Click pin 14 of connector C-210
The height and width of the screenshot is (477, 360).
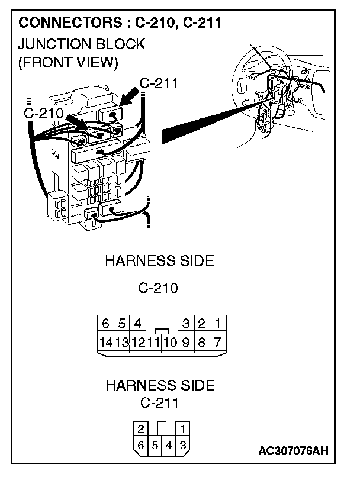click(x=105, y=342)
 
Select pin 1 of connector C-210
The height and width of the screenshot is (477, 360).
click(x=217, y=324)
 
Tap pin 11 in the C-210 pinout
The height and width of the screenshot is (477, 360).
click(x=153, y=342)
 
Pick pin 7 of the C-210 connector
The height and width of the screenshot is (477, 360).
click(x=217, y=342)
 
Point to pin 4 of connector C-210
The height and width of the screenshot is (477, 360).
click(x=137, y=324)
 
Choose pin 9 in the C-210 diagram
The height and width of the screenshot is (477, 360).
click(x=185, y=342)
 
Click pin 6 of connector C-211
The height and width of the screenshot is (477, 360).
click(x=140, y=445)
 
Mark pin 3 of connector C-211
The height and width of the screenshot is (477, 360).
click(x=184, y=445)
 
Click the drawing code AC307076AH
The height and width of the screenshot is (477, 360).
click(x=293, y=452)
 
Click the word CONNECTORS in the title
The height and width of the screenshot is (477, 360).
click(x=63, y=24)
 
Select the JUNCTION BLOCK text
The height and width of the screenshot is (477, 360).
click(x=82, y=44)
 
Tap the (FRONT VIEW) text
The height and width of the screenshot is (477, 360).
click(x=68, y=62)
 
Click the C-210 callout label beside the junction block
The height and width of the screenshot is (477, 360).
click(x=44, y=112)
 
